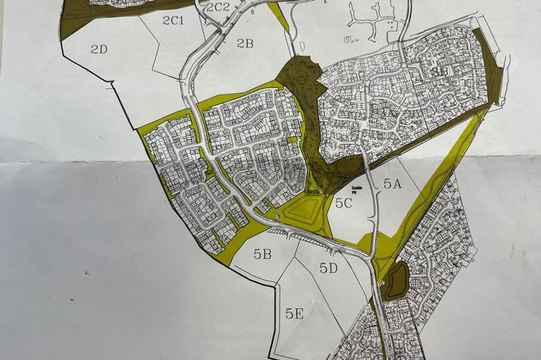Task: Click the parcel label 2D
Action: coord(99,49)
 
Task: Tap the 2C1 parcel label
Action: coord(173,20)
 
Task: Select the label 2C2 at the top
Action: coord(218,7)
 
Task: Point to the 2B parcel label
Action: coord(244,44)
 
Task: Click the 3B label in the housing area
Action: coord(440,71)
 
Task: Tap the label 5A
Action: coord(392,183)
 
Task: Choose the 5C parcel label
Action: coord(344,204)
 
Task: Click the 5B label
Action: coord(263,254)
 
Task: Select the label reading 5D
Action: coord(328,268)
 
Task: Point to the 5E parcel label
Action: coord(294,314)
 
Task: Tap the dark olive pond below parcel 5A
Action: coord(395,281)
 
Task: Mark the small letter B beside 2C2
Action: coord(252,12)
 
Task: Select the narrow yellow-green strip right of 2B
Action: coord(280,18)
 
